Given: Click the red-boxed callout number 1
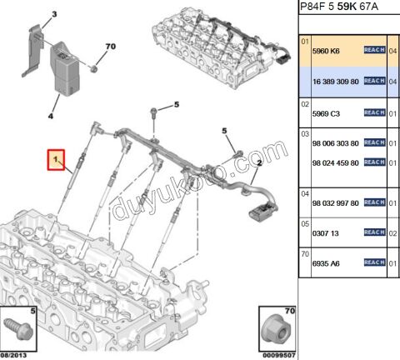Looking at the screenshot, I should click(56, 157).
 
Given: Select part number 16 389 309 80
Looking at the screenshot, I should click(336, 81).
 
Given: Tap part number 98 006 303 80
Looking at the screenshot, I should click(336, 143).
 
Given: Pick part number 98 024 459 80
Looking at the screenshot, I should click(336, 163).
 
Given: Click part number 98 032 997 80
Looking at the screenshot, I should click(336, 202).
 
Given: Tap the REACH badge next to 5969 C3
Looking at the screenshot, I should click(373, 112).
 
